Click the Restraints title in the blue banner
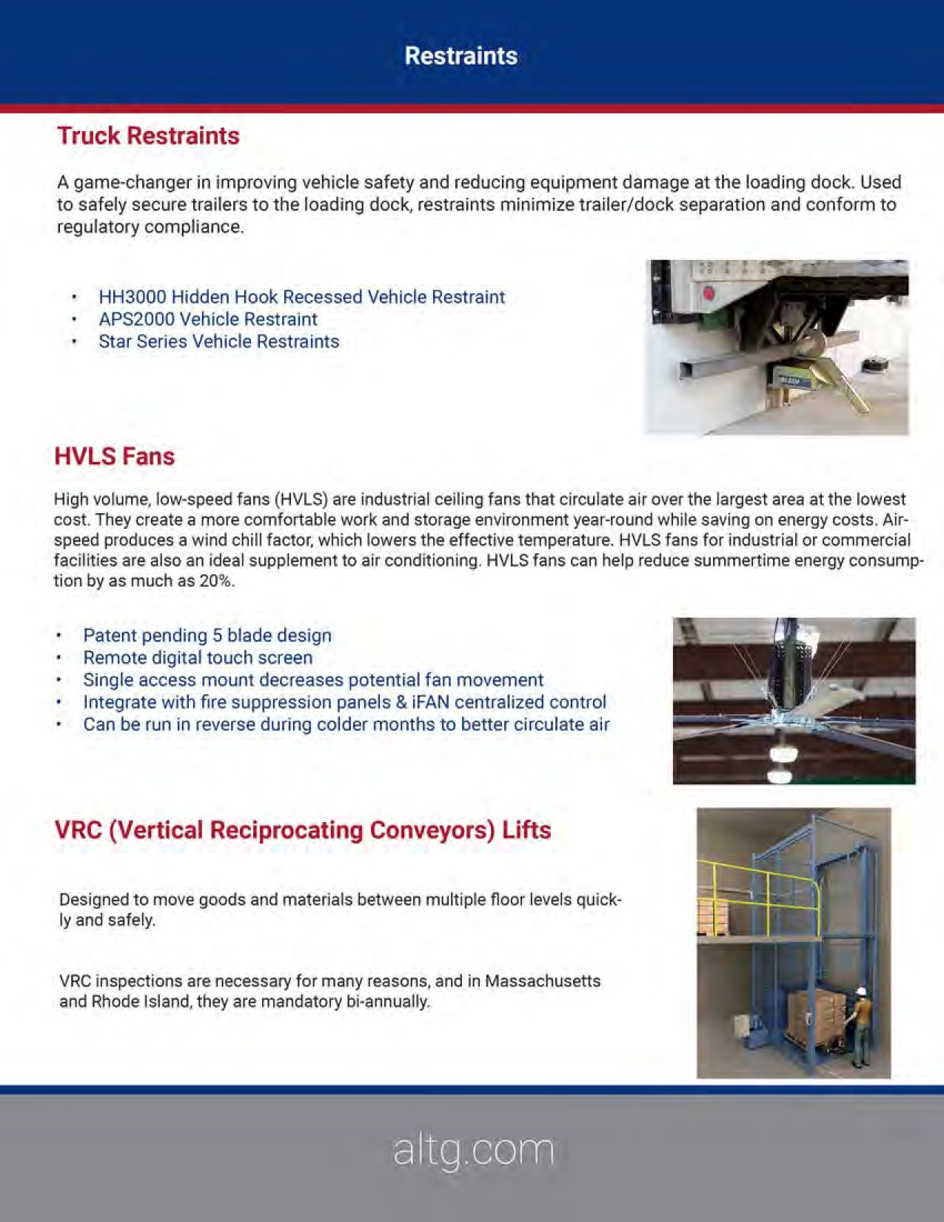[x=461, y=56]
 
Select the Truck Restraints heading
[x=148, y=136]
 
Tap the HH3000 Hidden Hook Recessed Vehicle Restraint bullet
[x=301, y=297]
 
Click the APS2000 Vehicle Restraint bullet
[x=207, y=319]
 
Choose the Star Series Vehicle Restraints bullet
[x=218, y=341]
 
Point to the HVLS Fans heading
[x=114, y=456]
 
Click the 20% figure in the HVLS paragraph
[x=216, y=581]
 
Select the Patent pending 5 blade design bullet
[x=207, y=635]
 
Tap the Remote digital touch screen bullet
[x=197, y=658]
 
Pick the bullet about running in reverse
[x=346, y=724]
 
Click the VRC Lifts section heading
[x=302, y=829]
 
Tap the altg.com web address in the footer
[x=473, y=1150]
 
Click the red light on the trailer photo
[x=708, y=293]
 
